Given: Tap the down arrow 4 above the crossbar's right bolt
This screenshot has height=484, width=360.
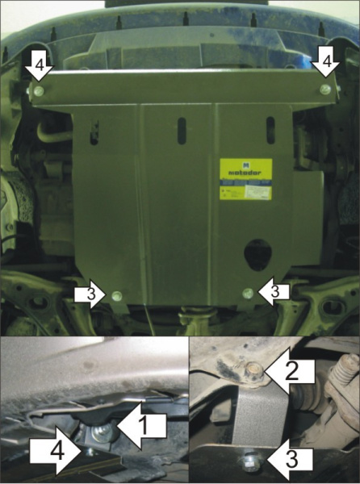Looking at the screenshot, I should pos(325,63).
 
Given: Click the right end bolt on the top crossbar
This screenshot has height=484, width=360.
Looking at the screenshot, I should pos(324,90).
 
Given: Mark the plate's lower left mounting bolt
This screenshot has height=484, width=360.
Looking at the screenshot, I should pos(118,295).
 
